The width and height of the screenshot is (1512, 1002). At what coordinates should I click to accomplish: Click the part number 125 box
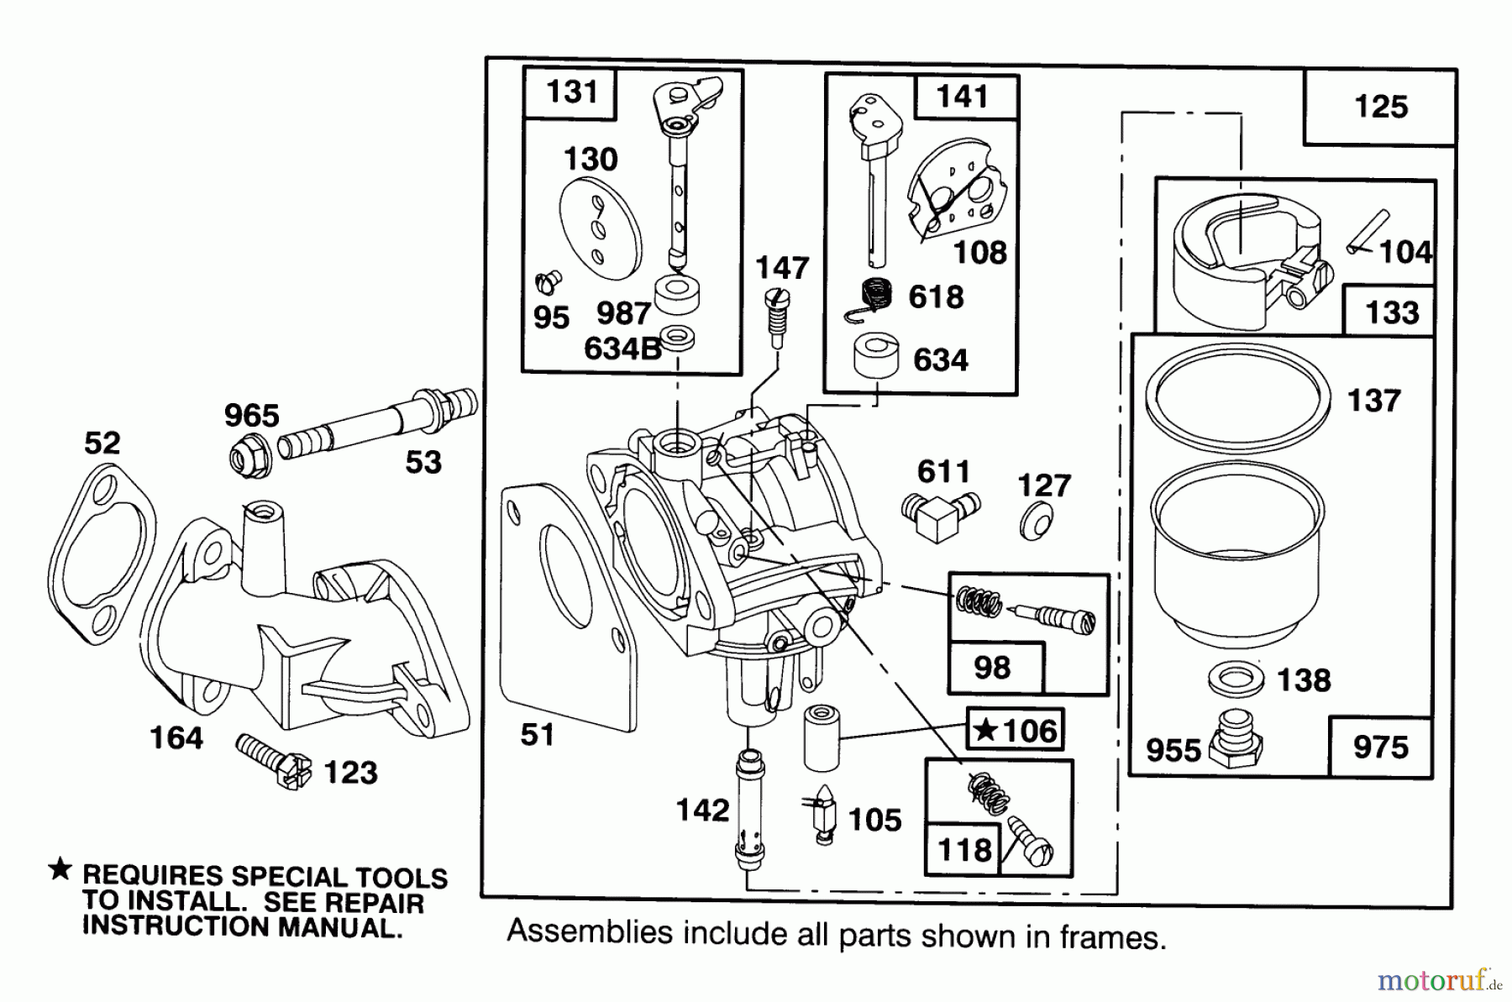pos(1380,108)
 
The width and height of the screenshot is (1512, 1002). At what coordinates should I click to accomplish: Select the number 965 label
pos(251,416)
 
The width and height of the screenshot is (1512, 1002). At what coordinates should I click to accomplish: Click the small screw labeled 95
pos(548,281)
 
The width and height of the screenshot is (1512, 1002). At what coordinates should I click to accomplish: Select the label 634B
pos(622,349)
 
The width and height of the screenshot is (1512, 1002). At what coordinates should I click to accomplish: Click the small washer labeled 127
pos(1036,523)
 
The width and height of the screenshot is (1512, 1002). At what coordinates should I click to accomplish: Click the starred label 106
pos(1016,731)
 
